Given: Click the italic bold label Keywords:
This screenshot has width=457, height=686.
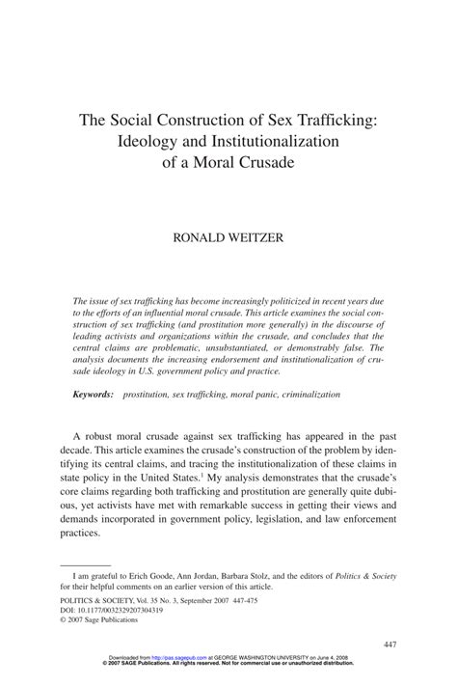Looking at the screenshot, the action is pyautogui.click(x=93, y=396).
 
